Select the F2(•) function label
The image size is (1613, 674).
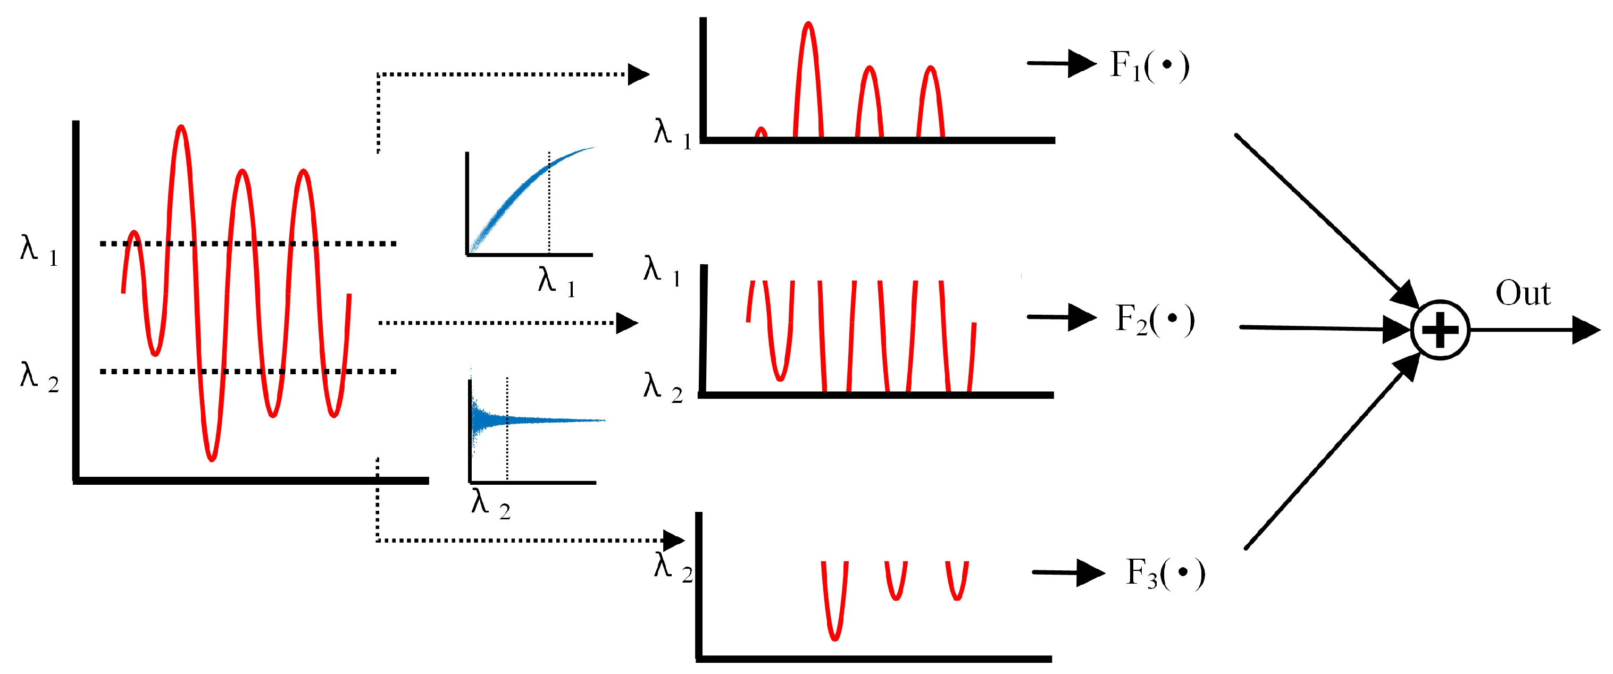pos(1155,320)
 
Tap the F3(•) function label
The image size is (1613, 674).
pos(1165,573)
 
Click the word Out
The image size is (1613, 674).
pos(1523,293)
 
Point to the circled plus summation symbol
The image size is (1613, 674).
pos(1440,330)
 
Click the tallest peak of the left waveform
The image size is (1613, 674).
pos(181,128)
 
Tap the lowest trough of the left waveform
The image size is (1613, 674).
pos(212,459)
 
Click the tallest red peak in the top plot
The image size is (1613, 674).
pos(808,25)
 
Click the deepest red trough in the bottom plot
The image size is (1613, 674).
pos(834,638)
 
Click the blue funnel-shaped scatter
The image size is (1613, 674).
pos(495,420)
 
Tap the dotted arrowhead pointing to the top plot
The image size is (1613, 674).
pos(638,74)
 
